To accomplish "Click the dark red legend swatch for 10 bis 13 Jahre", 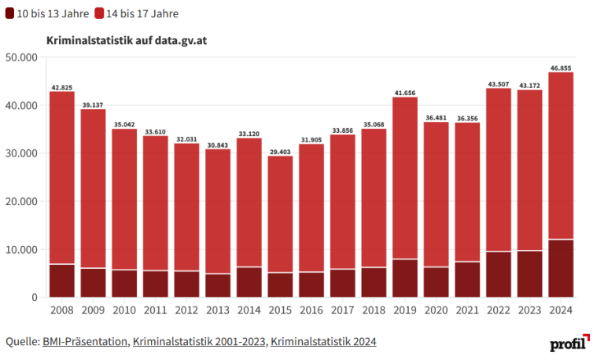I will tap(11, 13).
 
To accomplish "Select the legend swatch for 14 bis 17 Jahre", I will tap(101, 13).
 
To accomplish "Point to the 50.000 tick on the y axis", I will tap(21, 57).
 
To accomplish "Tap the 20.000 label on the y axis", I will tap(21, 201).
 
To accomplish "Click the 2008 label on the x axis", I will tap(61, 310).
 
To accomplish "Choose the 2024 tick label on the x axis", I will tap(561, 310).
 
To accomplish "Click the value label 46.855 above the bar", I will tap(561, 68).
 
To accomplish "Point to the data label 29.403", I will tap(280, 152).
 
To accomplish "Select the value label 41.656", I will tap(405, 93).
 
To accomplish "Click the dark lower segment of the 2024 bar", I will tap(561, 268).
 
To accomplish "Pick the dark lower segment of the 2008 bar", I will tap(61, 281).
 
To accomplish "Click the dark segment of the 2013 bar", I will tap(218, 285).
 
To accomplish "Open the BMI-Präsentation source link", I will tap(84, 341).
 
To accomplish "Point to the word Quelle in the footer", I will tap(21, 341).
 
